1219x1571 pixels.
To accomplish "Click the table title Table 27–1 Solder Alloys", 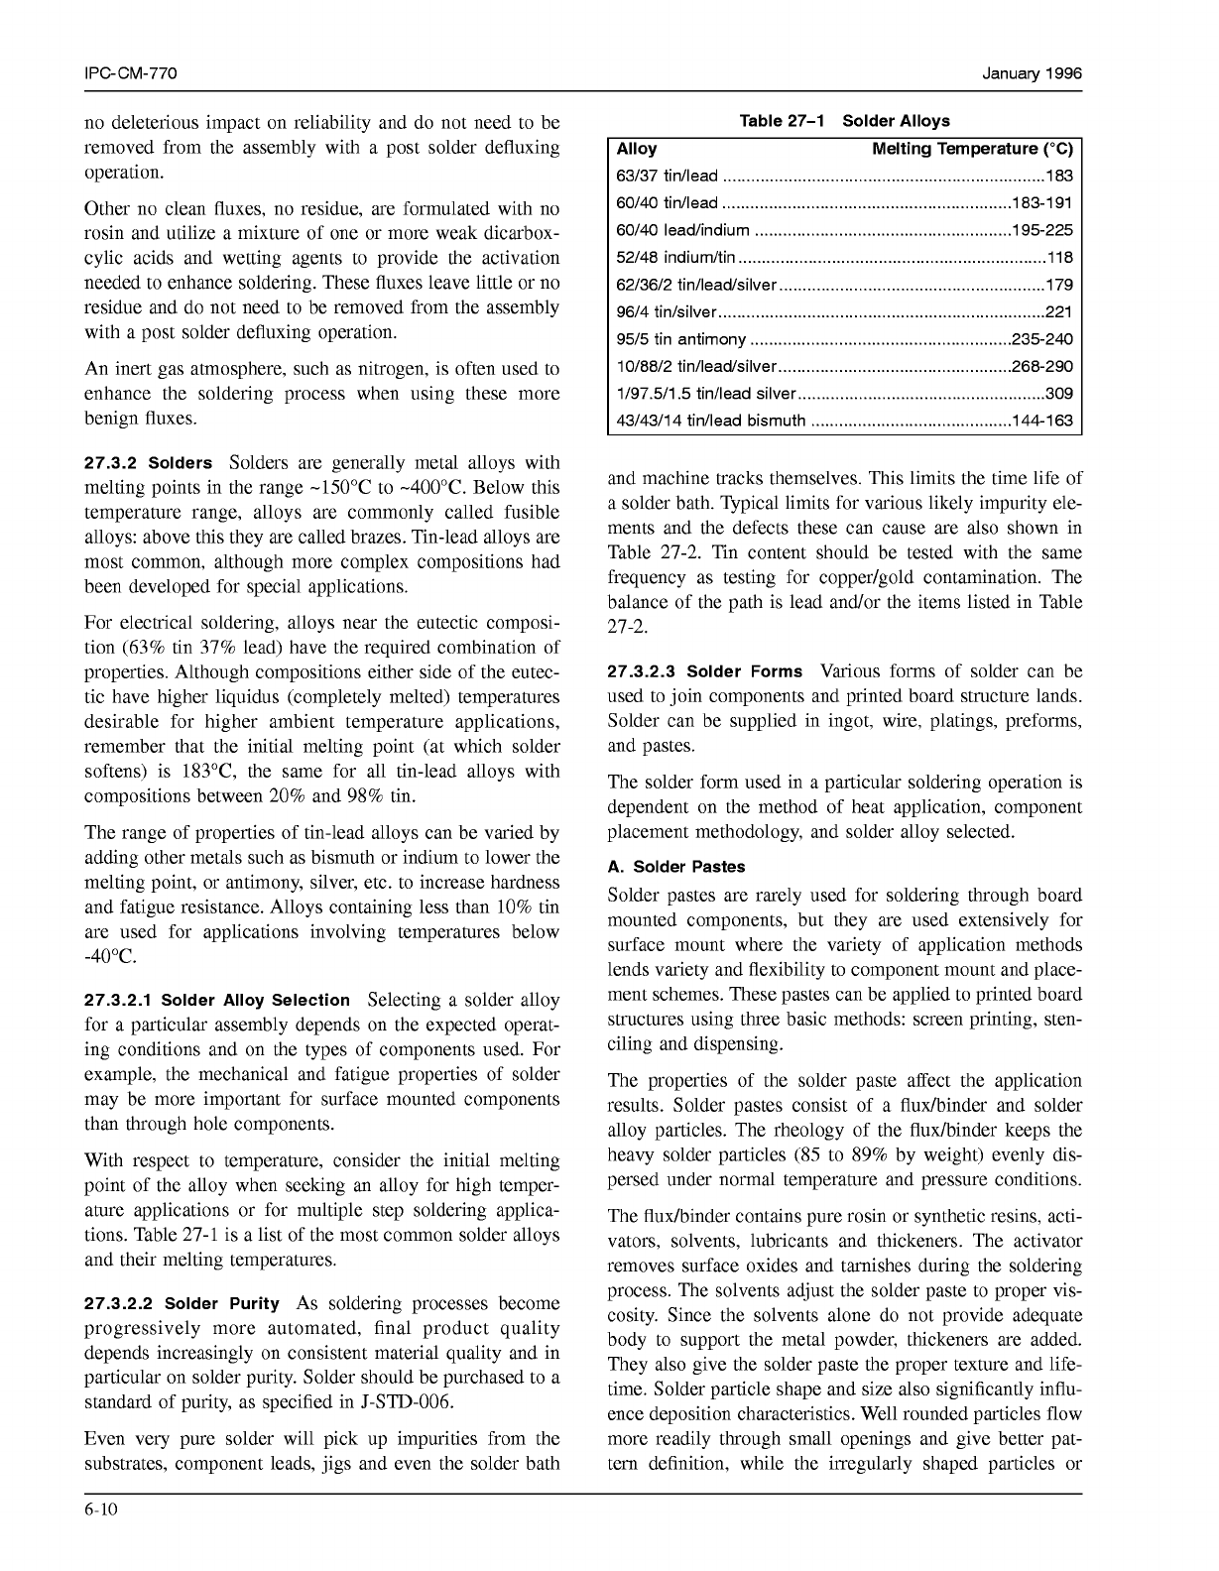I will coord(844,121).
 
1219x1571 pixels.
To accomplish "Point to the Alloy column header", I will coord(637,149).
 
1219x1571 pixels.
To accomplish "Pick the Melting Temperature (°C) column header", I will coord(972,149).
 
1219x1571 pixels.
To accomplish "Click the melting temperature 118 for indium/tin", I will coord(1059,258).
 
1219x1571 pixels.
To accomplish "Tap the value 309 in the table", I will coord(1059,394).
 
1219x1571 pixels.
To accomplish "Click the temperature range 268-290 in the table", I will coord(1041,366).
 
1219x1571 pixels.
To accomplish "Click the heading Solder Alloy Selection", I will coord(255,1001).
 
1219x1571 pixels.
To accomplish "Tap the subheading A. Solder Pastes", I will coord(675,867).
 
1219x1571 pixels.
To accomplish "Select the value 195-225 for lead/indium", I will coord(1041,231).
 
